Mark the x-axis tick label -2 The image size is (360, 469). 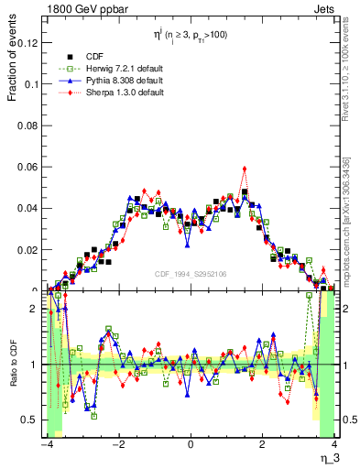[x=117, y=445]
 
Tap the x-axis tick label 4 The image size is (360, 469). [x=335, y=445]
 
